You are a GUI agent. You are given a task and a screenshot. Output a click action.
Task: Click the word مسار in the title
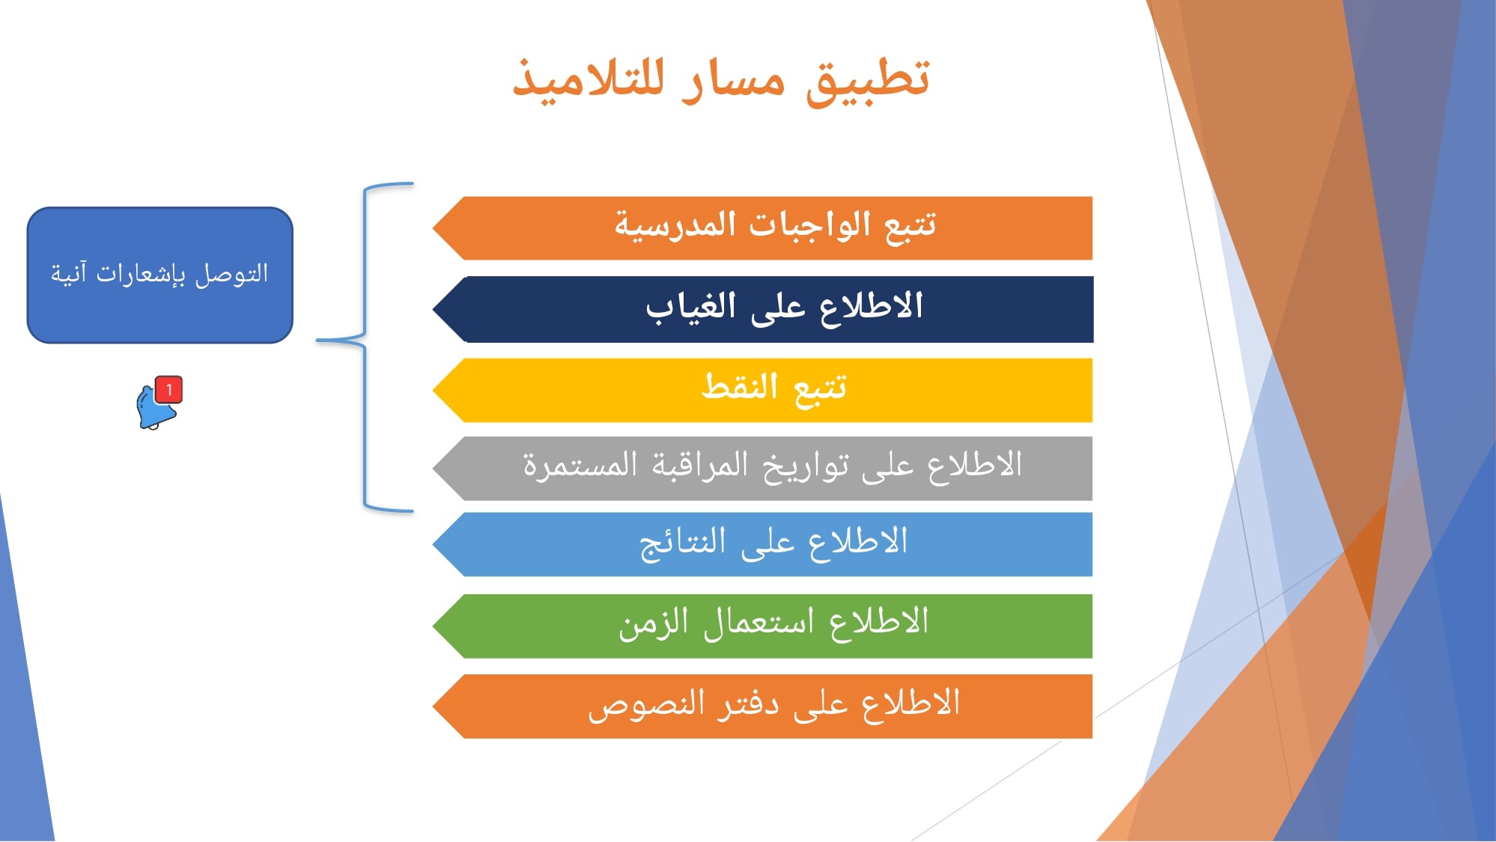[734, 79]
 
